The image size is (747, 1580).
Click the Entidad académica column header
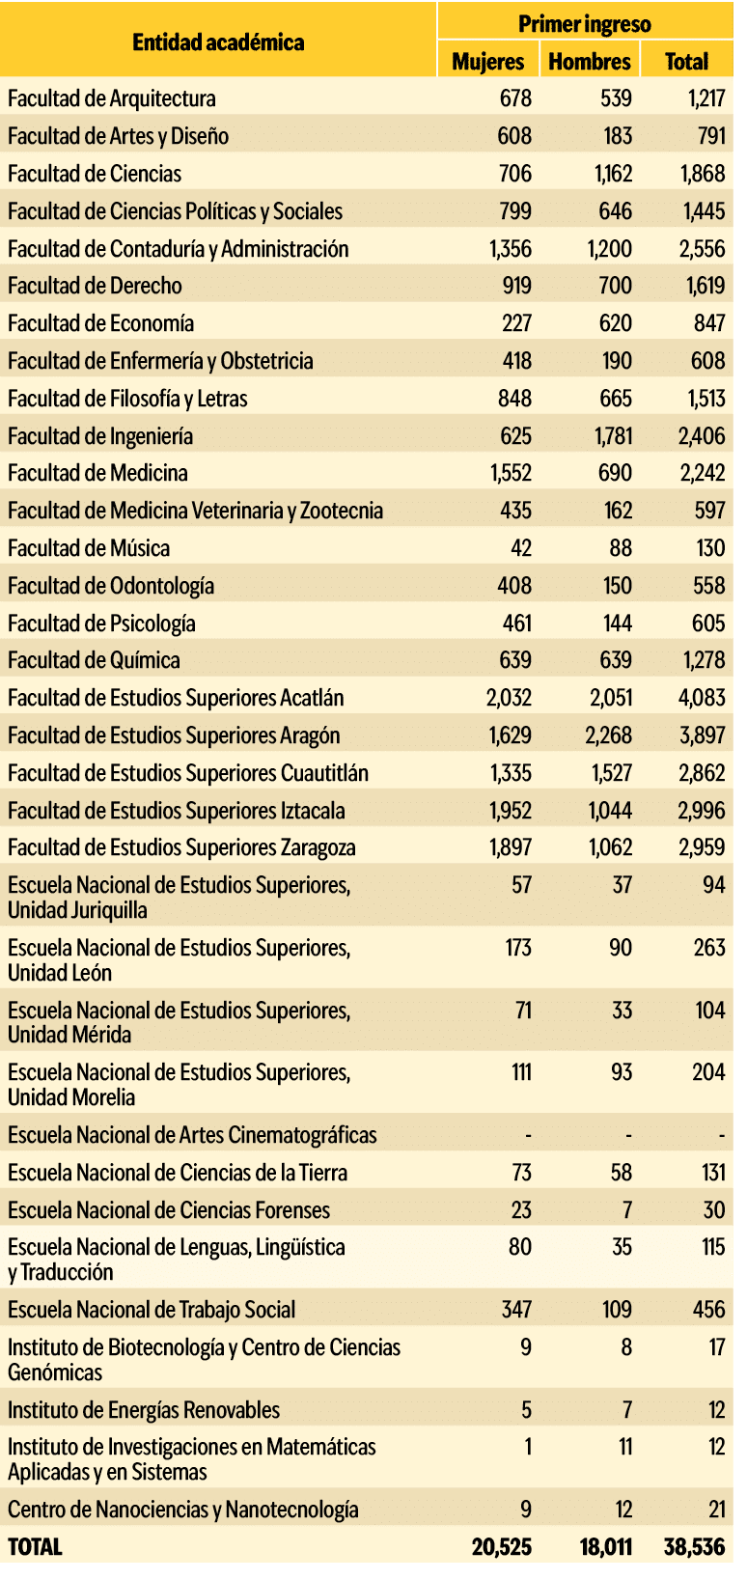[218, 42]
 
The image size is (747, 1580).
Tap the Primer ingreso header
[584, 24]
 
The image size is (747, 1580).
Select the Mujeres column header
[487, 61]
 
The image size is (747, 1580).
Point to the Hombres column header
[589, 61]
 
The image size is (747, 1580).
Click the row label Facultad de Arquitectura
[112, 98]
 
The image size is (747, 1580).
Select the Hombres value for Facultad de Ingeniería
[614, 436]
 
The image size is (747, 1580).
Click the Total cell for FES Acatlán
[702, 698]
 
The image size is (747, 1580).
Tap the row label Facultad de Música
[89, 548]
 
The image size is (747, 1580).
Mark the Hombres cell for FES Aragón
[608, 735]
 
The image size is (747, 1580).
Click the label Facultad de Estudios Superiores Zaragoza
[181, 847]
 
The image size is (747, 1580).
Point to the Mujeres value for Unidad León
[518, 947]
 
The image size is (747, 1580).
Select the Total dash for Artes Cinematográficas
[721, 1135]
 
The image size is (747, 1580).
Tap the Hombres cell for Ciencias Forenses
[626, 1210]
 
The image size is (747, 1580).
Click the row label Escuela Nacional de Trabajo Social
[152, 1310]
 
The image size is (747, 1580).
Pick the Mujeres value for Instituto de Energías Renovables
[526, 1410]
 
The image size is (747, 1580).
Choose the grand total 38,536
[694, 1546]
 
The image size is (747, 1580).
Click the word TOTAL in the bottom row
[35, 1546]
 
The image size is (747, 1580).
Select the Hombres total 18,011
[605, 1546]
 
